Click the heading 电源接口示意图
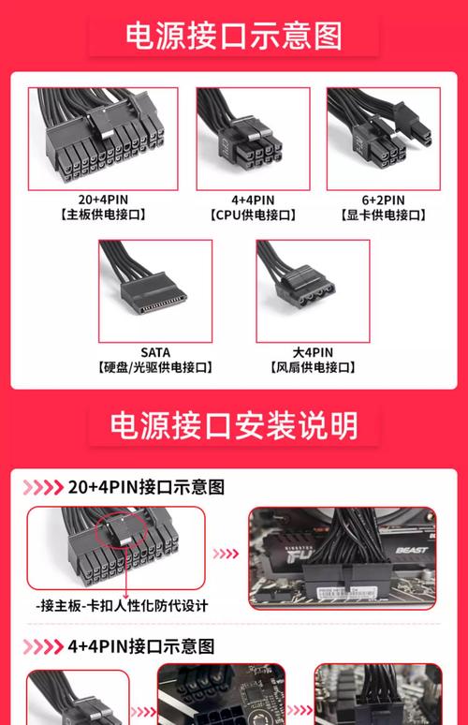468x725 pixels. (234, 36)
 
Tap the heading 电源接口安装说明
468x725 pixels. (234, 425)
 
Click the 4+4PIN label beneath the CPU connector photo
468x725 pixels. (252, 200)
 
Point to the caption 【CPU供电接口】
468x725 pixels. (252, 215)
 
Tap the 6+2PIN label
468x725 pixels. (383, 200)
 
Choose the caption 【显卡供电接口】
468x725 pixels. (383, 215)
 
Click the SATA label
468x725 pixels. (155, 352)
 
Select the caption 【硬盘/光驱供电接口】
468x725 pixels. (155, 368)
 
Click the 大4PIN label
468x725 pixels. (313, 352)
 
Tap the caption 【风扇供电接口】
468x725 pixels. (313, 368)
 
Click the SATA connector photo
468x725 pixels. (155, 289)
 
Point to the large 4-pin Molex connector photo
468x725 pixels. (313, 289)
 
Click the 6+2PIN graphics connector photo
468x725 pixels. (383, 139)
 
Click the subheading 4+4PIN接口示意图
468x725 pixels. (141, 646)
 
